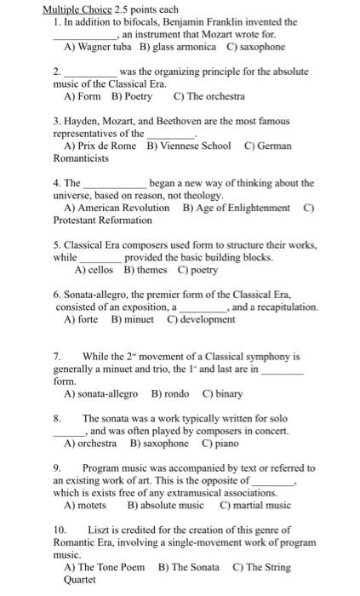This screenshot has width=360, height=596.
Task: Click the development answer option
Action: [x=201, y=319]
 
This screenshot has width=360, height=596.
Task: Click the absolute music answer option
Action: [x=166, y=505]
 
